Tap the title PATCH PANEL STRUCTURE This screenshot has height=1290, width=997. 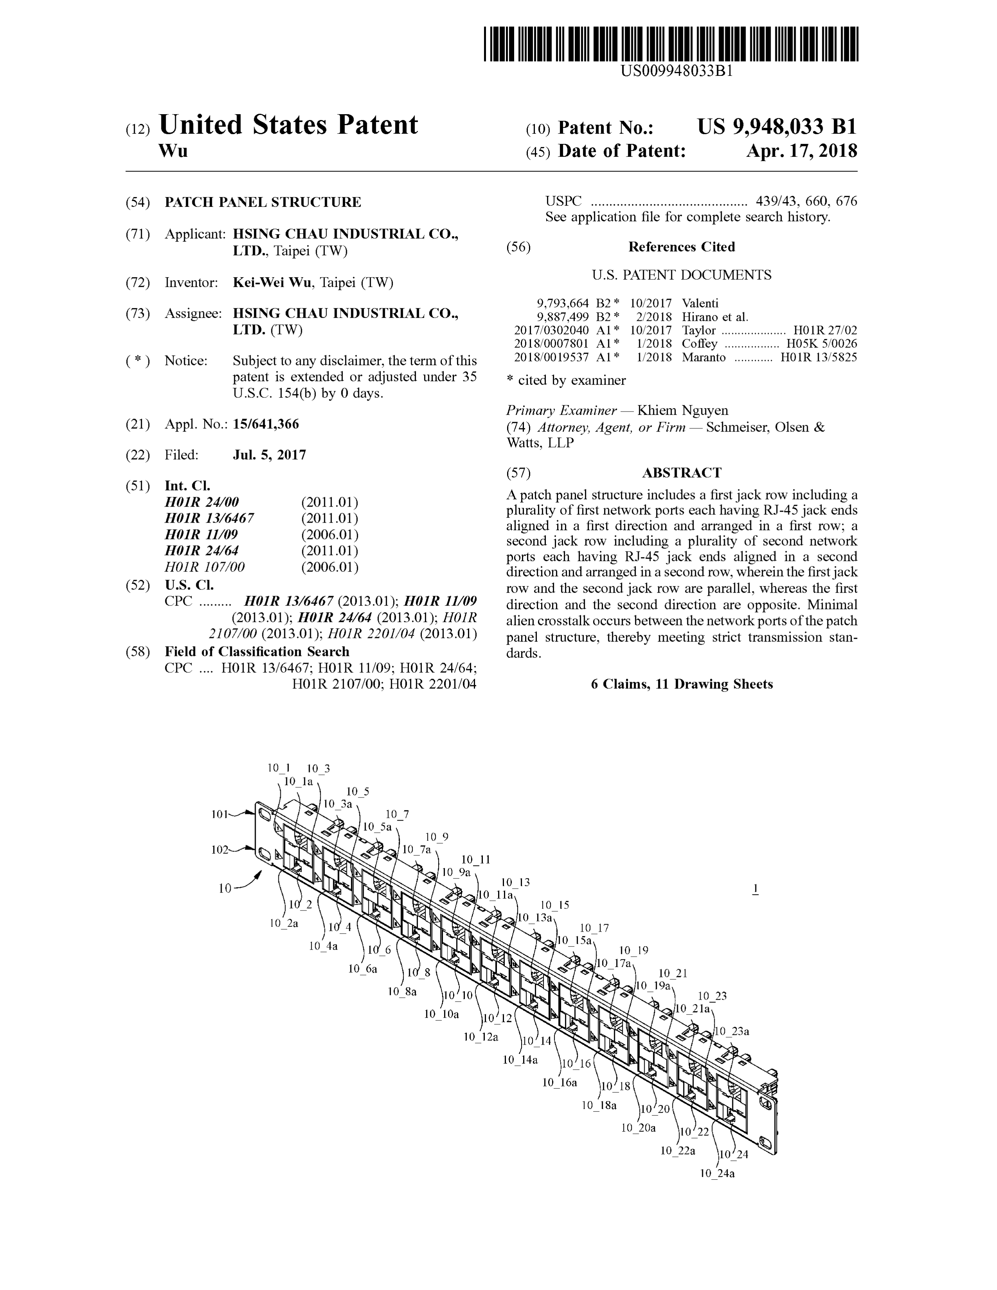point(262,202)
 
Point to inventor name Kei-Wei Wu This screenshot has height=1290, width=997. point(272,282)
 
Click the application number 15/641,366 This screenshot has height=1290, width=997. point(266,424)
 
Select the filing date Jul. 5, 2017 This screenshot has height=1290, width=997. point(269,455)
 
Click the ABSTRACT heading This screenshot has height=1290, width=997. point(681,473)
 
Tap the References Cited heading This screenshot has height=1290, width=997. point(681,247)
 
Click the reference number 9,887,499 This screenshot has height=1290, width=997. point(562,317)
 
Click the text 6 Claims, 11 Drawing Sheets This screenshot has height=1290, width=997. point(681,684)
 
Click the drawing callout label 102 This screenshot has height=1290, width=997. point(220,850)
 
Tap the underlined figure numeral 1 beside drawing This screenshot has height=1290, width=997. point(755,889)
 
